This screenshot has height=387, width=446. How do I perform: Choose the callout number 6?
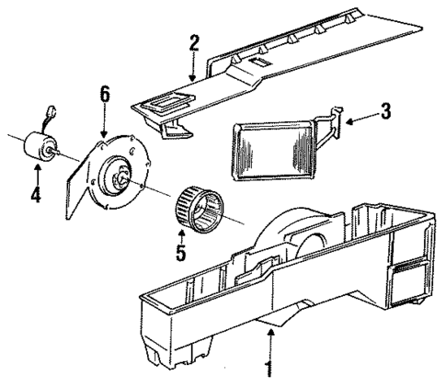pos(105,94)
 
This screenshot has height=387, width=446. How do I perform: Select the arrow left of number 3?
pos(361,114)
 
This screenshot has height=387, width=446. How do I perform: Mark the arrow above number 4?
pos(36,172)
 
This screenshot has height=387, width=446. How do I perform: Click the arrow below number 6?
pos(105,120)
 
